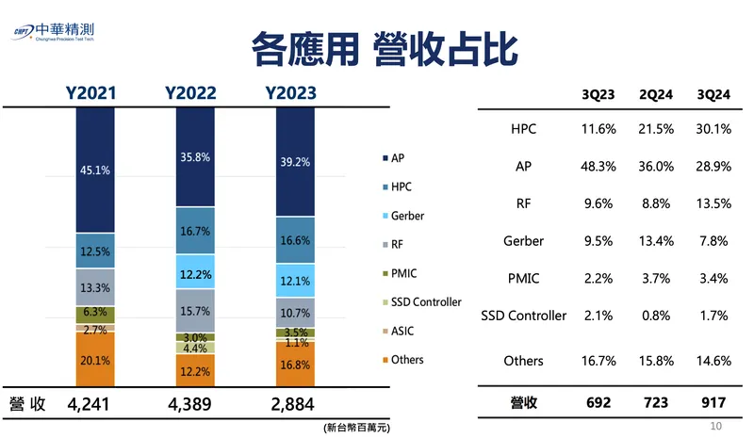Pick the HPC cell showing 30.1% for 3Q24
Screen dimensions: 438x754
[x=713, y=129]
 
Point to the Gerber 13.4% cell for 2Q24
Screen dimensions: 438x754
[x=656, y=241]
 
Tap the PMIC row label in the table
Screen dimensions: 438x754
[x=524, y=278]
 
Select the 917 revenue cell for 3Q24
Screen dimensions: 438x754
[x=713, y=403]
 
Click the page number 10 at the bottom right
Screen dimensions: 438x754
[x=714, y=427]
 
